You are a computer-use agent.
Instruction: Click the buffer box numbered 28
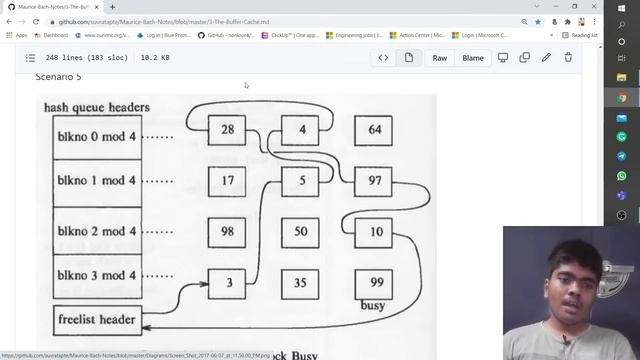point(227,130)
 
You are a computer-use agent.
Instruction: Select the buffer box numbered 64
point(374,130)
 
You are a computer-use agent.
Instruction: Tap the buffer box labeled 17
point(227,181)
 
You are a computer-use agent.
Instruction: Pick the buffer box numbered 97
point(374,181)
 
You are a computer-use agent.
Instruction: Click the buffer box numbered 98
point(227,232)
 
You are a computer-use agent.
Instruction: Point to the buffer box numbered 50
point(300,232)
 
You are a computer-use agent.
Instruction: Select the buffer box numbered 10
point(374,232)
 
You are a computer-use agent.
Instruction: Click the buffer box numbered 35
point(300,283)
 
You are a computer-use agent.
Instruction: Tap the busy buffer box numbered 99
point(374,283)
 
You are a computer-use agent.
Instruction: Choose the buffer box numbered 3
point(227,283)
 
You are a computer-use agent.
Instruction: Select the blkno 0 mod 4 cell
point(97,135)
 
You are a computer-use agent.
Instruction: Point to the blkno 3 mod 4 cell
point(97,275)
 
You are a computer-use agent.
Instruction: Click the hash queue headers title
point(97,107)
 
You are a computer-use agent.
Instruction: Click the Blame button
point(473,58)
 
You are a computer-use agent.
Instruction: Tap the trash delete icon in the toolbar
point(569,58)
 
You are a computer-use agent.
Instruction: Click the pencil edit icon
point(546,58)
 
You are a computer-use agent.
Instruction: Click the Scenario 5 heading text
point(59,77)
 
